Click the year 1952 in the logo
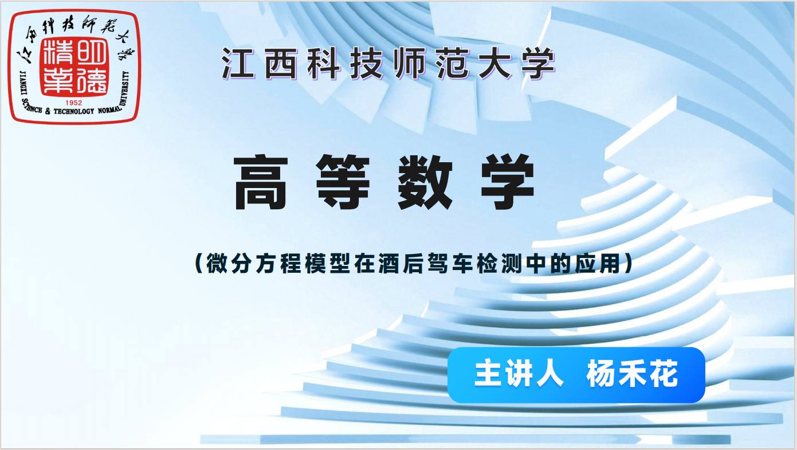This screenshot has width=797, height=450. pyautogui.click(x=74, y=103)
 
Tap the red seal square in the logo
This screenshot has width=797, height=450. pyautogui.click(x=74, y=66)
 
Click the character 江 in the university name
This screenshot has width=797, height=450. pyautogui.click(x=238, y=63)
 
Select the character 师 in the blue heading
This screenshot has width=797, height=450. pyautogui.click(x=409, y=63)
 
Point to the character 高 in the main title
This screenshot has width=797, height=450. pyautogui.click(x=261, y=182)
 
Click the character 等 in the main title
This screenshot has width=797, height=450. pyautogui.click(x=343, y=182)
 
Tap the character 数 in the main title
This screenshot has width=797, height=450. pyautogui.click(x=425, y=182)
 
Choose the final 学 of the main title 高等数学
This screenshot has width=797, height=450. pyautogui.click(x=508, y=182)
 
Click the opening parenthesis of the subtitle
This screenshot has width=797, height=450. pyautogui.click(x=199, y=264)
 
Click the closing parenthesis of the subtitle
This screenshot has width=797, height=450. pyautogui.click(x=629, y=264)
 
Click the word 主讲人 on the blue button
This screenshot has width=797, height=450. pyautogui.click(x=519, y=373)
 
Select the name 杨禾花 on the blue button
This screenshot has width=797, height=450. pyautogui.click(x=633, y=373)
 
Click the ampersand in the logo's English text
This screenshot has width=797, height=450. pyautogui.click(x=48, y=111)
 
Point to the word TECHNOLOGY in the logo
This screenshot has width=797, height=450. pyautogui.click(x=74, y=112)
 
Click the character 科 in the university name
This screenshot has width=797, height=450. pyautogui.click(x=323, y=63)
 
